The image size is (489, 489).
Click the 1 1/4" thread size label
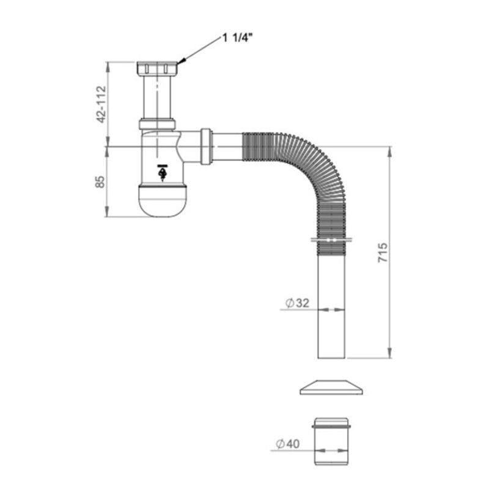tap(237, 39)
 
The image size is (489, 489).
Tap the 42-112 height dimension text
tap(101, 104)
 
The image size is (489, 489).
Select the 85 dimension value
tap(100, 182)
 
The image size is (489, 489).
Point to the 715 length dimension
tap(383, 252)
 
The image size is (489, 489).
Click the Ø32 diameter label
tap(297, 303)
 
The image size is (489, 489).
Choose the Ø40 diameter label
tap(287, 444)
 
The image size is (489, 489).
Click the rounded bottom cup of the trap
tap(162, 201)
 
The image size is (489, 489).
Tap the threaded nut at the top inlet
tap(158, 68)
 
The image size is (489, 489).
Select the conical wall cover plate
tap(331, 388)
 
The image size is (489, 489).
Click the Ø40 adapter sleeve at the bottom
tap(331, 441)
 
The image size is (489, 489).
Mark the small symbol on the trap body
tap(162, 172)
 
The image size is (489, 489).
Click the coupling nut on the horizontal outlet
tap(207, 146)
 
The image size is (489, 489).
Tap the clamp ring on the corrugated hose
tap(331, 240)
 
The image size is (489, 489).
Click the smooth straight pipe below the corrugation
tap(331, 305)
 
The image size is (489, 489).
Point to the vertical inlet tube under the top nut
tap(157, 97)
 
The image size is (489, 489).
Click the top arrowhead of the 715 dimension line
tap(389, 151)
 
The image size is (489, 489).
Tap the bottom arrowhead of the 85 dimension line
tap(108, 211)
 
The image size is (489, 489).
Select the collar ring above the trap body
tap(157, 124)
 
